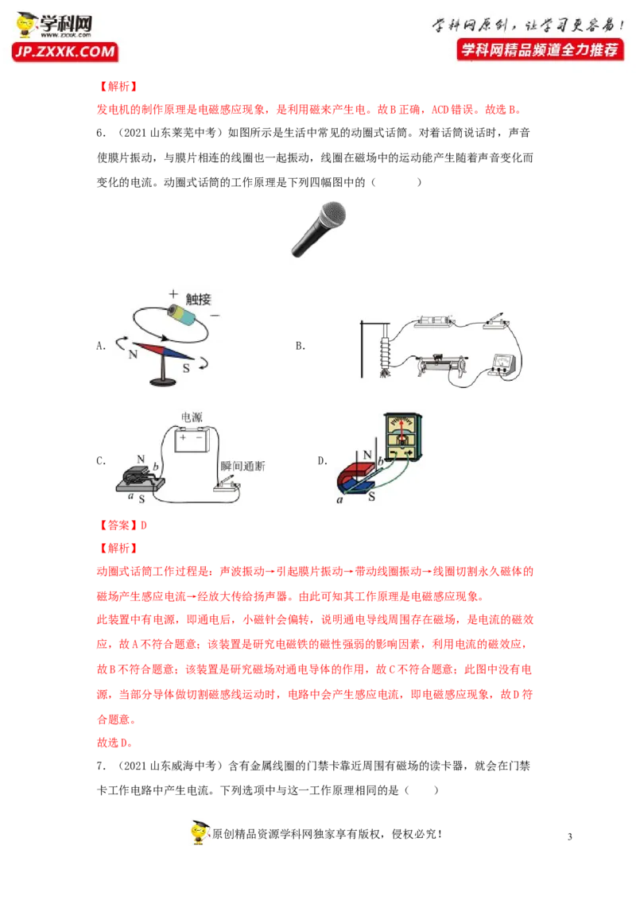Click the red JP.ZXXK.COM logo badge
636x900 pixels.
(x=65, y=52)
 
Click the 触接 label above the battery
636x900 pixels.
(x=198, y=299)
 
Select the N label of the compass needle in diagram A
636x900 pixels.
(x=134, y=354)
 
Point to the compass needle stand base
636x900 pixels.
(x=164, y=381)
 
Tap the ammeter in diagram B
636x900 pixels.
(x=503, y=364)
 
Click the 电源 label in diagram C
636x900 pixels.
(x=192, y=417)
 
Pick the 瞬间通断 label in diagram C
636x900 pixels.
(x=242, y=466)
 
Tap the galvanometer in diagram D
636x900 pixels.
(x=403, y=437)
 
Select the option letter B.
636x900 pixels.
(x=301, y=346)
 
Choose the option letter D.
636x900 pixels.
(x=323, y=460)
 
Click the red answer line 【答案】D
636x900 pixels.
(x=122, y=526)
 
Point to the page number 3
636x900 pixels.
(x=570, y=836)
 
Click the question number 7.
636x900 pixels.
(x=101, y=766)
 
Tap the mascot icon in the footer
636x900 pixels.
(x=200, y=832)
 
